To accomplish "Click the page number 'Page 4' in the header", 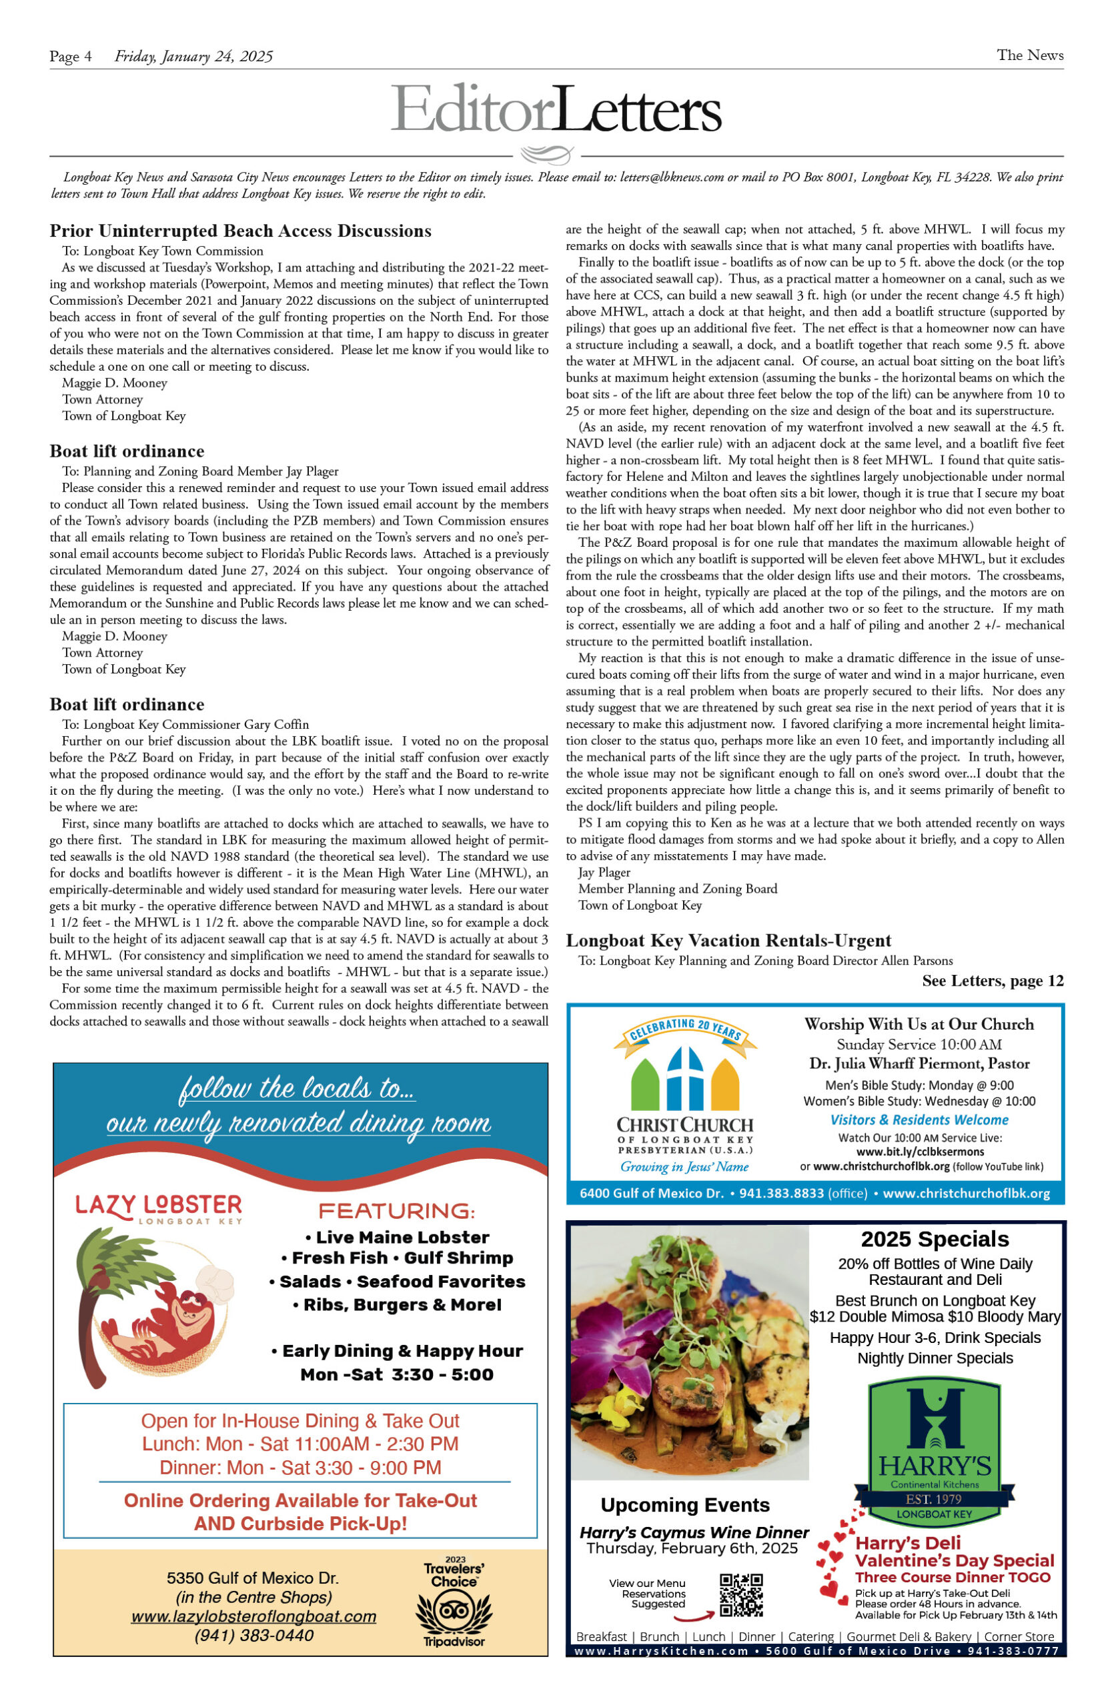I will click(70, 57).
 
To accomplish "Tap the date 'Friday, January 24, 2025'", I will click(193, 57).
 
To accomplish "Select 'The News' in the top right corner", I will click(1029, 55).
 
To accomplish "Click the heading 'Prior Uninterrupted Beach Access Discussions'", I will click(240, 231).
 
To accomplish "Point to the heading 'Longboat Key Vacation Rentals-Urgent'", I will click(728, 940).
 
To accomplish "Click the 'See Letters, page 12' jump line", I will click(992, 980).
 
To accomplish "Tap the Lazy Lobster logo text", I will click(159, 1206).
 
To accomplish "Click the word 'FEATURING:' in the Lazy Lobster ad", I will click(396, 1212).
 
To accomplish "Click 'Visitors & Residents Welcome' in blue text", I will click(919, 1120).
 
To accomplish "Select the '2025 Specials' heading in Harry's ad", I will click(935, 1239).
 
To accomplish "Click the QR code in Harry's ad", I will click(740, 1596).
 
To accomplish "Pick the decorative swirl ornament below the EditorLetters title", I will click(546, 154).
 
